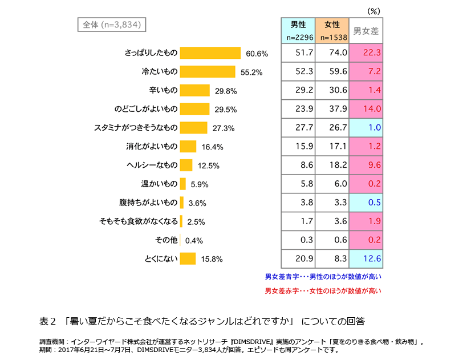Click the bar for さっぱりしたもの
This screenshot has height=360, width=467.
(x=210, y=53)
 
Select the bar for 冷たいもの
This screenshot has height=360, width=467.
(x=208, y=72)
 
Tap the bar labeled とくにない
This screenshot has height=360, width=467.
(x=188, y=259)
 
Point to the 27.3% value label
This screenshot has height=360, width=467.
(x=224, y=128)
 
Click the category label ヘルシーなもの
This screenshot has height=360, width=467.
(x=152, y=165)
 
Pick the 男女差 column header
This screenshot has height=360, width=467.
(x=366, y=31)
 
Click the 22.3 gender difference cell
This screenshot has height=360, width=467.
(x=366, y=52)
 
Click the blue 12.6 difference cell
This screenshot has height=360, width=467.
(x=366, y=258)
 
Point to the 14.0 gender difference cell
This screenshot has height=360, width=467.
(x=366, y=109)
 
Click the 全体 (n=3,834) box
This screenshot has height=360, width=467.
(x=109, y=25)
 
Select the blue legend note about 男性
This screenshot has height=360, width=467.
(x=323, y=277)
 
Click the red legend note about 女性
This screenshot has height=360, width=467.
(x=323, y=291)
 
